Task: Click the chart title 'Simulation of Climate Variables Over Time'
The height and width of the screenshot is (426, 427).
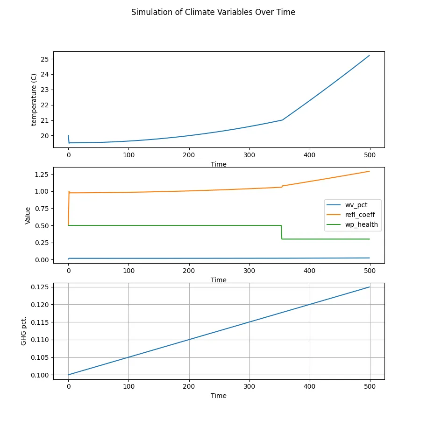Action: tap(213, 13)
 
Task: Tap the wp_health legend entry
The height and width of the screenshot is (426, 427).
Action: tap(355, 224)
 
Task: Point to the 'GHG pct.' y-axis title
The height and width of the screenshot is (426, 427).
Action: tap(24, 331)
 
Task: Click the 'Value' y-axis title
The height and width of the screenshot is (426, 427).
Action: tap(28, 216)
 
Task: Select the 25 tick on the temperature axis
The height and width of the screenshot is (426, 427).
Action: tap(45, 59)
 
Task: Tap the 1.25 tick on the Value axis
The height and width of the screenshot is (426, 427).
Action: tap(43, 175)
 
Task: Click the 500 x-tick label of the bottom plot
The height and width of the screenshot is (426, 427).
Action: tap(370, 386)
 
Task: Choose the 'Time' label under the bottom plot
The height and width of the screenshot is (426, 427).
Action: tap(219, 396)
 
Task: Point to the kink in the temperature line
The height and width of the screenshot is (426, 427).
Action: tap(282, 120)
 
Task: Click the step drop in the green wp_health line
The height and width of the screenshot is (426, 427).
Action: tap(282, 232)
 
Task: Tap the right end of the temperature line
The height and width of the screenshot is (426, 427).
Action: tap(370, 56)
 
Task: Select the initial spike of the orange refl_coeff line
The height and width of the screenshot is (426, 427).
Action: tap(69, 191)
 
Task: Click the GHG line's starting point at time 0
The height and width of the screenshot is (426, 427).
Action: tap(69, 375)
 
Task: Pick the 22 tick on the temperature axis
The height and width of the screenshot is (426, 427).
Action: tap(45, 105)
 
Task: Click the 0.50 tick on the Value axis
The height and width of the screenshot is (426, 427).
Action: tap(43, 225)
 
